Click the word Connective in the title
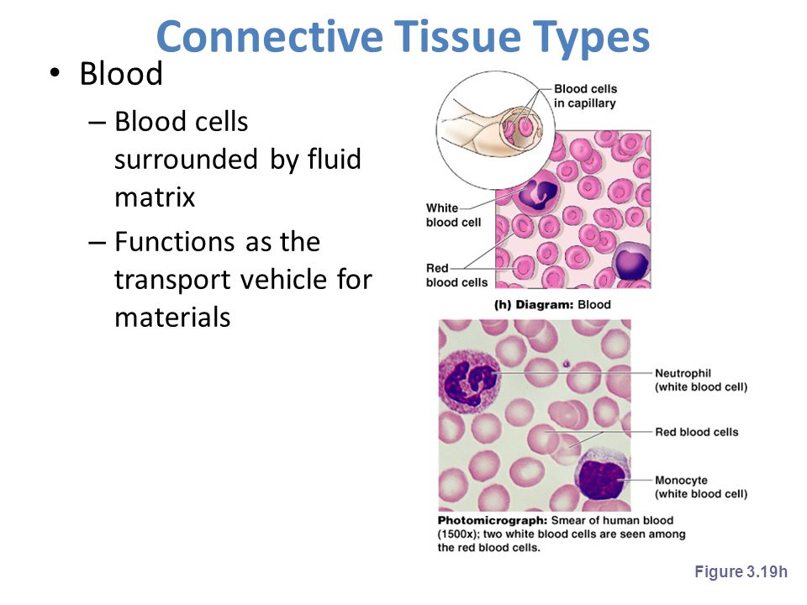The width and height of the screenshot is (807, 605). point(270,36)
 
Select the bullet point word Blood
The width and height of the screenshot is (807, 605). point(121,73)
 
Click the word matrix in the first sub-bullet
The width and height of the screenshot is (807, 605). point(155,197)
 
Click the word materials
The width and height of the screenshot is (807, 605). point(172,317)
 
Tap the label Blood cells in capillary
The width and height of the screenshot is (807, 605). point(585,96)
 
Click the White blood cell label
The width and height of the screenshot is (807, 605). point(453,215)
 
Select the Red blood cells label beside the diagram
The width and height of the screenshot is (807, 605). point(456,276)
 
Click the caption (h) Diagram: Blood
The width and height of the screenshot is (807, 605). point(552,304)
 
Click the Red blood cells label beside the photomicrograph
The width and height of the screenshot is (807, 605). point(696,432)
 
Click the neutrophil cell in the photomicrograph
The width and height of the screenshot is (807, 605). point(468,381)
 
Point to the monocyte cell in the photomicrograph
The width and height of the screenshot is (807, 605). point(603,476)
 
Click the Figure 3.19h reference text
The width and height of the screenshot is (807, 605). point(741,571)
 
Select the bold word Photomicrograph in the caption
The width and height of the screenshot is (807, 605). point(493,520)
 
